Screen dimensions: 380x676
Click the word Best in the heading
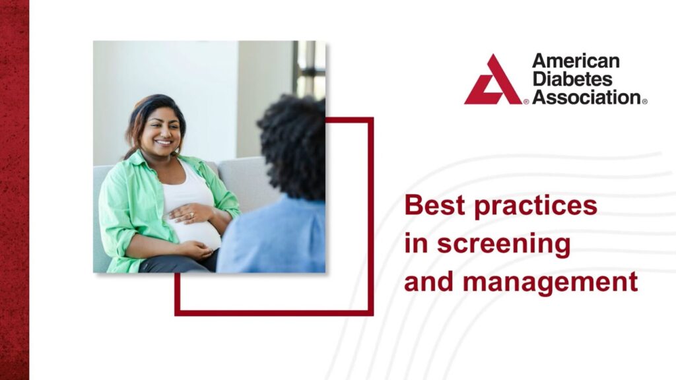(432, 205)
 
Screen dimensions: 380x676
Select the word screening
(504, 243)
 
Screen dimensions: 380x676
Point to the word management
(550, 282)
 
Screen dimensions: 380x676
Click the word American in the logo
(576, 61)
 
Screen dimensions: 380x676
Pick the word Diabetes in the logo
(572, 79)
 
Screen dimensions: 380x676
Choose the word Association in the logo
(586, 97)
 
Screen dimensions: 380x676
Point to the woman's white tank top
(188, 191)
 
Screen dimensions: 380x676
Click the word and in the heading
(428, 282)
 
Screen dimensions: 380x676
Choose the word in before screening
(416, 243)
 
